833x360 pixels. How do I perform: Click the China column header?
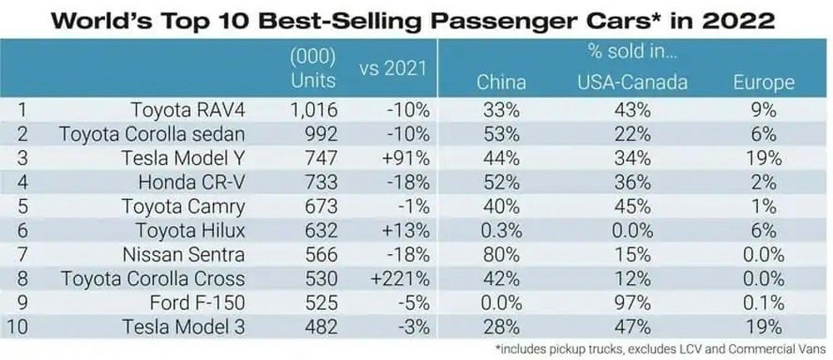pos(501,82)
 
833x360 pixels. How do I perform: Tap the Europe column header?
pos(763,82)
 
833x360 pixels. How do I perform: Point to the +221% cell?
pos(402,278)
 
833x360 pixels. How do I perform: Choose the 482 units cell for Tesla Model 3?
pos(321,327)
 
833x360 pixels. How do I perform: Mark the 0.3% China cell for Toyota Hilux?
pos(501,230)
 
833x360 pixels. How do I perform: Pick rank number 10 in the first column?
pos(17,327)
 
